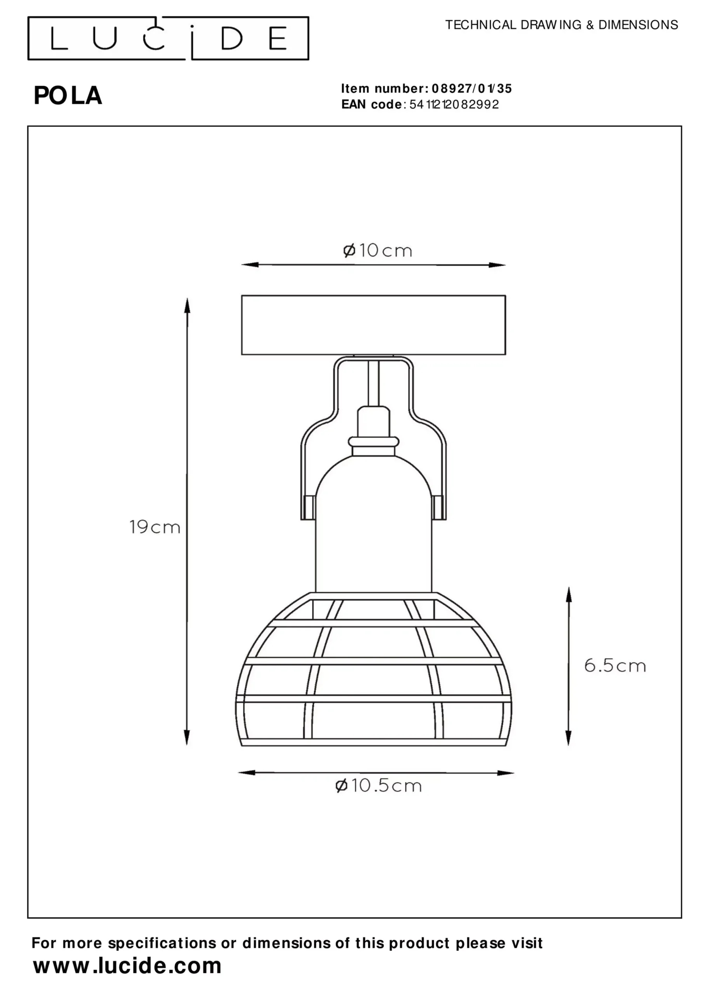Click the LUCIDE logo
[x=168, y=38]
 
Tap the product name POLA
[x=68, y=96]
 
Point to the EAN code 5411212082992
[x=454, y=105]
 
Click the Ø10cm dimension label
[x=377, y=250]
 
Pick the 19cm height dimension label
[x=155, y=527]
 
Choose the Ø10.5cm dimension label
[x=379, y=785]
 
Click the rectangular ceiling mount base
[x=373, y=325]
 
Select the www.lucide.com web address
[x=127, y=965]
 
